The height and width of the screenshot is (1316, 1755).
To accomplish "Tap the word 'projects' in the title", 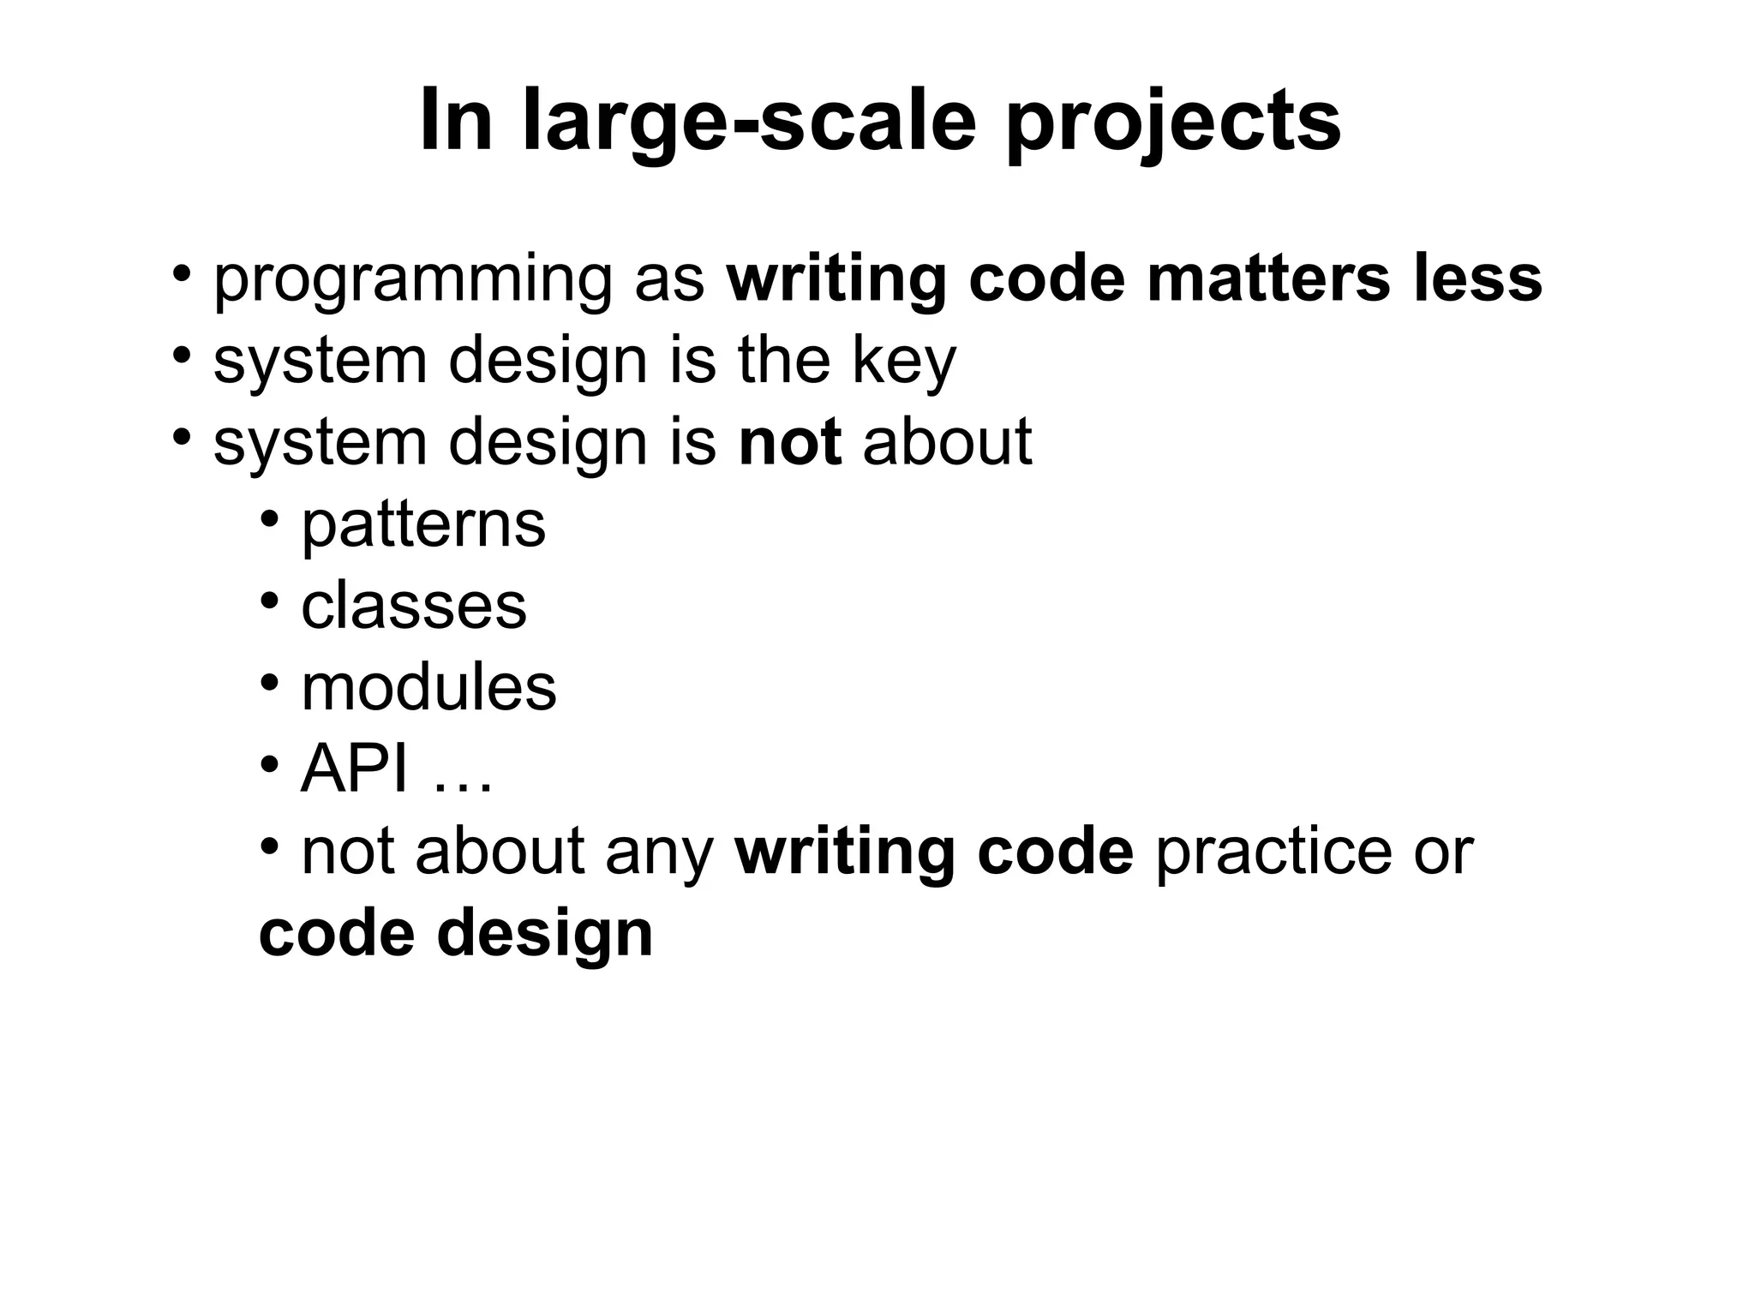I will coord(1173,122).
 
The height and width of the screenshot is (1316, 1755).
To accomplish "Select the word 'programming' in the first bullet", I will coord(413,279).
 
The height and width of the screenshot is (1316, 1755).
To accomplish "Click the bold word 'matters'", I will coord(1268,279).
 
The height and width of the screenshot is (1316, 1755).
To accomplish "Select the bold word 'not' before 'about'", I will coord(789,443).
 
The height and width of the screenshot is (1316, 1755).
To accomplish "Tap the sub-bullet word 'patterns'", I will coord(423,525).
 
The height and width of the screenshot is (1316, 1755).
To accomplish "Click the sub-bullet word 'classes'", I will coord(414,607).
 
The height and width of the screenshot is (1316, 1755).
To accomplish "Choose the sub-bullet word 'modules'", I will coord(428,688).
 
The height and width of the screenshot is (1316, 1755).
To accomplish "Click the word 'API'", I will coord(355,769).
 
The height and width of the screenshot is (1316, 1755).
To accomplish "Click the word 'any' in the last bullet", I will coord(659,853).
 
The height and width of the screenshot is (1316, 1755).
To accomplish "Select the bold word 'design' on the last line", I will coord(545,934).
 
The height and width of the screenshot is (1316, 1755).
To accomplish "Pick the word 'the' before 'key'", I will coord(783,362).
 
